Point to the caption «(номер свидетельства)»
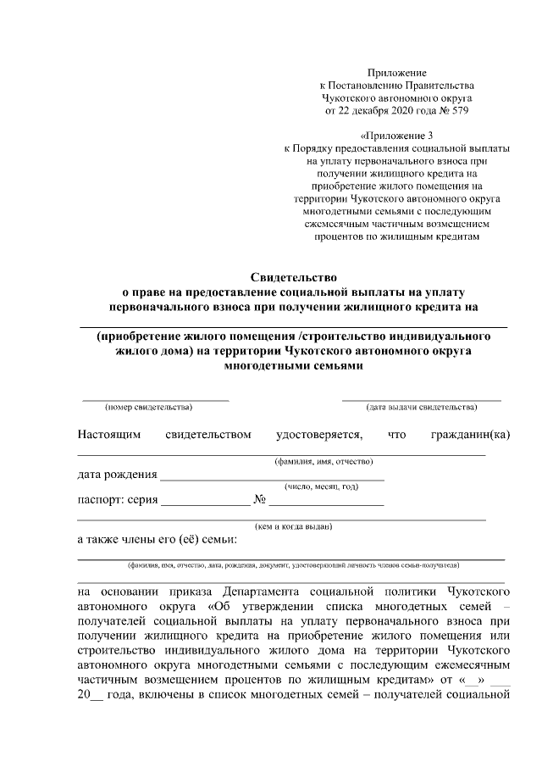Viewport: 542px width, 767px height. (x=142, y=407)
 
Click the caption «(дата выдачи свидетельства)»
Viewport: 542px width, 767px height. (x=421, y=407)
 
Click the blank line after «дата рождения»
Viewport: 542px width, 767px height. (x=271, y=479)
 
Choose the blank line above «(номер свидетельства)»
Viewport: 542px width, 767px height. (x=155, y=398)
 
